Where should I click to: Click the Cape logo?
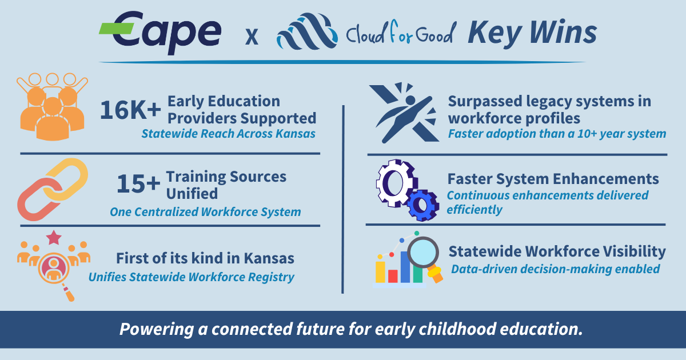[x=161, y=31]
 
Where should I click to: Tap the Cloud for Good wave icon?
[x=306, y=33]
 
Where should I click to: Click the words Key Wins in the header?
[x=532, y=33]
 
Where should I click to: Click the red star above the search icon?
[x=54, y=237]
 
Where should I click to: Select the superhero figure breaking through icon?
[x=404, y=112]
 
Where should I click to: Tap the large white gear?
[x=394, y=183]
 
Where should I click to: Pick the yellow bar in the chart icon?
[x=380, y=271]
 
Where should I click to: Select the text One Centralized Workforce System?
[x=205, y=212]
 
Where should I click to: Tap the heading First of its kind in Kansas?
[x=205, y=258]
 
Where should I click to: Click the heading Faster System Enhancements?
[x=553, y=179]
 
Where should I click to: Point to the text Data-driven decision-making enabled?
[x=555, y=269]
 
